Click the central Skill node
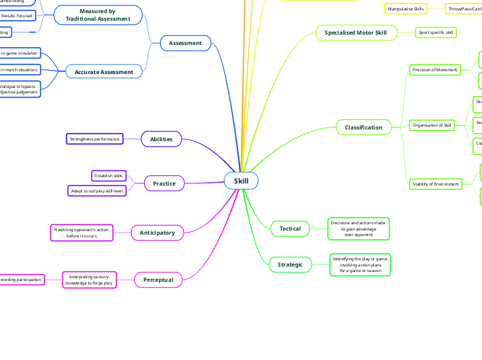click(241, 181)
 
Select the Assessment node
click(185, 43)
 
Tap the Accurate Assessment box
click(104, 72)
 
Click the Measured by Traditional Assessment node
click(98, 15)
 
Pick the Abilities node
click(161, 139)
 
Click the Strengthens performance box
click(95, 139)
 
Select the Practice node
click(164, 183)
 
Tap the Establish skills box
click(109, 176)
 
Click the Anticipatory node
click(157, 232)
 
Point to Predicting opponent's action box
click(82, 233)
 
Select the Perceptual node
click(158, 280)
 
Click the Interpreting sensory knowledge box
click(90, 280)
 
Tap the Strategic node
click(290, 264)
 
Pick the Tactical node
click(289, 228)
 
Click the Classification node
click(364, 127)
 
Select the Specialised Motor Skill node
click(356, 32)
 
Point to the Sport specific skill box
click(436, 32)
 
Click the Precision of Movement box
click(435, 70)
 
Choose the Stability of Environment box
click(435, 183)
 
